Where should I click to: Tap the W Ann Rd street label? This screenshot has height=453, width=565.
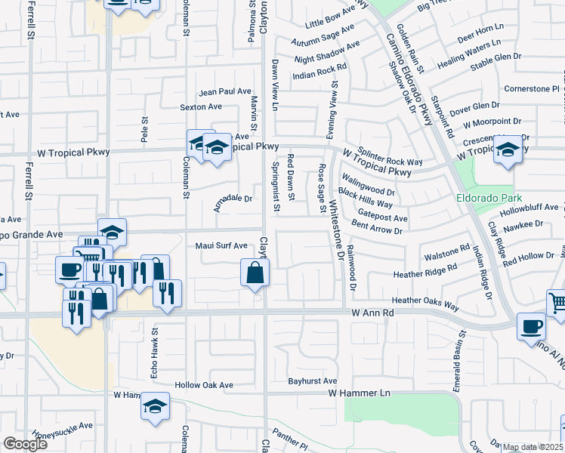coord(373,312)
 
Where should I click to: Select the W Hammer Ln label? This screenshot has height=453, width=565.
coord(359,393)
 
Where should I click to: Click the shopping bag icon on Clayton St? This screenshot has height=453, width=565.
coord(255,272)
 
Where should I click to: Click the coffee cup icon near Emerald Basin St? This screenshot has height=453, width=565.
coord(530,326)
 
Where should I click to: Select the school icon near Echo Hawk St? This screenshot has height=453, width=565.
coord(154,406)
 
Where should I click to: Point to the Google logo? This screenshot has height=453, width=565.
coord(25,444)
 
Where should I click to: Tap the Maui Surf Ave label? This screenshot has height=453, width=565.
coord(221,245)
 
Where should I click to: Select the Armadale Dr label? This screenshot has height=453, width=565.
coord(233,199)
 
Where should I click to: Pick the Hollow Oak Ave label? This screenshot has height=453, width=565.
coord(204,384)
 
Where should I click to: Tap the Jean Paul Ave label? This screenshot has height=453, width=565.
coord(224,91)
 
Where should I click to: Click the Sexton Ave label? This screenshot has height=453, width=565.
coord(201,107)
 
